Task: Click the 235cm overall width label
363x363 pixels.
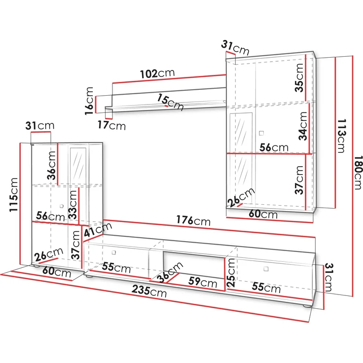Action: coord(149,291)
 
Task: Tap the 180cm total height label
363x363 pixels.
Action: coord(358,172)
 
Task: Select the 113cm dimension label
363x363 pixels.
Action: coord(341,136)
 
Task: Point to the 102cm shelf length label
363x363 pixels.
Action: coord(157,73)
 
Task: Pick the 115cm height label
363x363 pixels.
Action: coord(13,194)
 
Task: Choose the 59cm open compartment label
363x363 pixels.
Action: coord(203,282)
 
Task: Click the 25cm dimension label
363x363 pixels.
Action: coord(231,273)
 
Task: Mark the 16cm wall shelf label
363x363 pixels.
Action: coord(89,101)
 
